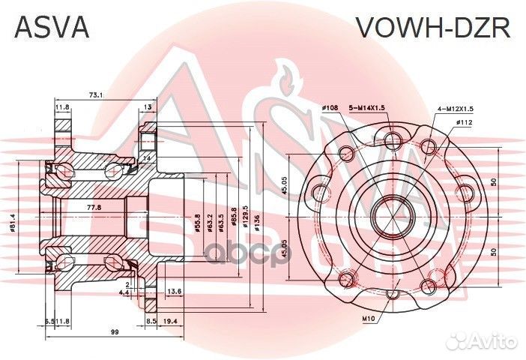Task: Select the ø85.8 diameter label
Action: point(235,217)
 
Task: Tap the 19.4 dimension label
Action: point(169,320)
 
